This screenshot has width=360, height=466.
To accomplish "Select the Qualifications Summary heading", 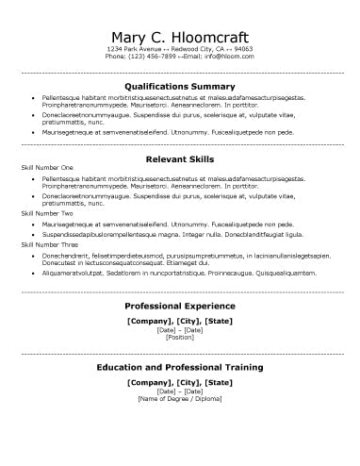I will [x=179, y=86].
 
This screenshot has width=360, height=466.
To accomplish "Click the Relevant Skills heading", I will [x=179, y=159].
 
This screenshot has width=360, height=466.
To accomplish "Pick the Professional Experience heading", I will [x=179, y=307].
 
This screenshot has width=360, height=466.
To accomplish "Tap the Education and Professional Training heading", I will [x=179, y=366].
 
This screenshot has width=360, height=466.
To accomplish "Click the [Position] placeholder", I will [x=179, y=338].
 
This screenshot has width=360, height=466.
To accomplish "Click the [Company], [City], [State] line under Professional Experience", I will [x=179, y=321].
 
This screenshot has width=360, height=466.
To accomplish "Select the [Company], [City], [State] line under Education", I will [x=179, y=381].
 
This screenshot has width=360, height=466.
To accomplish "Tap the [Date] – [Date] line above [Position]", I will [x=179, y=330].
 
